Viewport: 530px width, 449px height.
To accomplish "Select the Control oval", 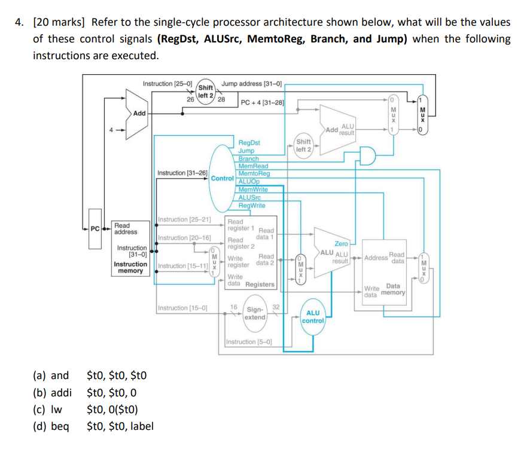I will (222, 178).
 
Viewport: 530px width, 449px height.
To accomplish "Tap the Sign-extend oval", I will (255, 313).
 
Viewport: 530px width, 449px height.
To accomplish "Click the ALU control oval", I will (313, 317).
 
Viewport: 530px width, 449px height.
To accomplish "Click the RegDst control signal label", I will (249, 143).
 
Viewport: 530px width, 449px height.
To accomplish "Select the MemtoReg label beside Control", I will (254, 173).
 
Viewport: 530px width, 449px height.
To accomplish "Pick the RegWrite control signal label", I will (252, 205).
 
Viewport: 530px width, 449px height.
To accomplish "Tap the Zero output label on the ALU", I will (341, 244).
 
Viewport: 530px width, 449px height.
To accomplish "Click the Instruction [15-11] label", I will (183, 265).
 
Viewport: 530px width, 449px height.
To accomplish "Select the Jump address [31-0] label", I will (252, 84).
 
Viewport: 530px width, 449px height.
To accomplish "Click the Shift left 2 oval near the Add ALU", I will (303, 145).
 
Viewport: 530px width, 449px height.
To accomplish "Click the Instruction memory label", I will (130, 267).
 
